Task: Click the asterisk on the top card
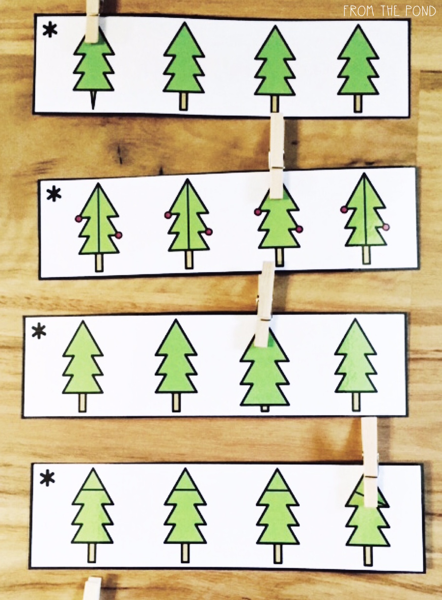[x=50, y=30]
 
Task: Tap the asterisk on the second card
[x=54, y=194]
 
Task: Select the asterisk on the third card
[x=39, y=331]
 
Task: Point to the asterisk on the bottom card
[x=47, y=479]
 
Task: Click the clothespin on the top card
[x=92, y=21]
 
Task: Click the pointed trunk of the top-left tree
[x=93, y=100]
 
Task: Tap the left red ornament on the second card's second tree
[x=168, y=215]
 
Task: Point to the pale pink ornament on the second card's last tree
[x=386, y=227]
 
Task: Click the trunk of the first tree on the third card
[x=82, y=403]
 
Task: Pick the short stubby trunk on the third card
[x=265, y=408]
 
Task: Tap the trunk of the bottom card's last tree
[x=368, y=555]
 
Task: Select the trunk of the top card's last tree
[x=358, y=103]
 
